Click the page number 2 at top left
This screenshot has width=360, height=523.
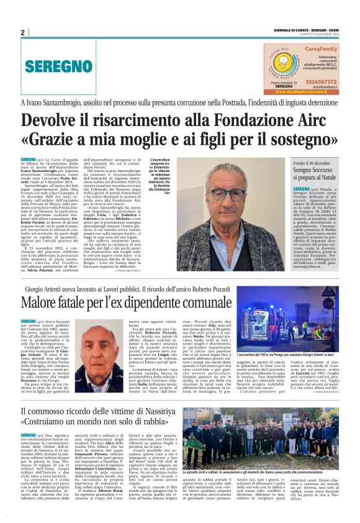[22, 32]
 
